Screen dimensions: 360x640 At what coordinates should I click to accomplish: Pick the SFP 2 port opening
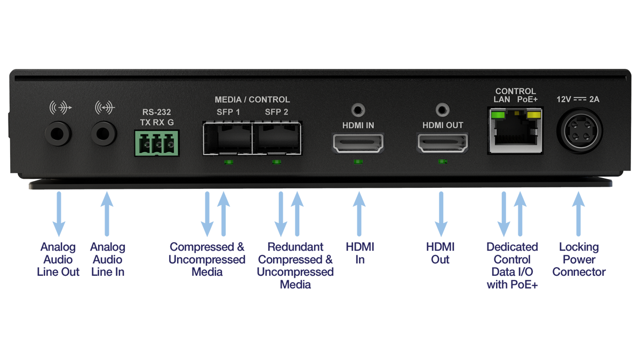coord(276,140)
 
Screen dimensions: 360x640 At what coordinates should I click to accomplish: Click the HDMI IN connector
coord(358,143)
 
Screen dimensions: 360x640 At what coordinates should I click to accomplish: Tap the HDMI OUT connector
coord(442,143)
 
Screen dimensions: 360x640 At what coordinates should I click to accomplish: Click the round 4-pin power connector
coord(580,131)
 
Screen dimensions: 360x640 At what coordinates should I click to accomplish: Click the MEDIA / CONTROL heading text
coord(252,100)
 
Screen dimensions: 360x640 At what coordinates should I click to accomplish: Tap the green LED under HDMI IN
coord(358,161)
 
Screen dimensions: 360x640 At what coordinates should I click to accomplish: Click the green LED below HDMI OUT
coord(442,161)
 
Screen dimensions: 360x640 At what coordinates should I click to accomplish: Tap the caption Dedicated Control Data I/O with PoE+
coord(512,266)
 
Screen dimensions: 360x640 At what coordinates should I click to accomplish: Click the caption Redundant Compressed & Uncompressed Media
coord(295,266)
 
